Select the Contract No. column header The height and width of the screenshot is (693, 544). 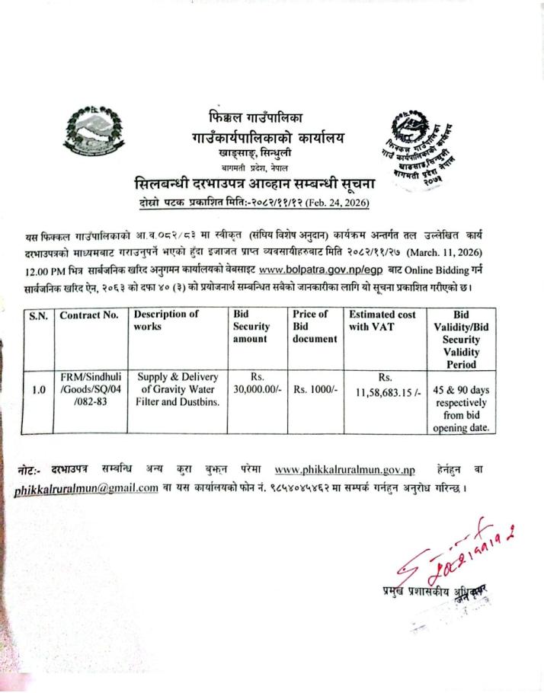point(90,315)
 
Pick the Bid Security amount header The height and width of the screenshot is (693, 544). point(251,326)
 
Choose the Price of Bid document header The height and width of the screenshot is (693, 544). point(314,326)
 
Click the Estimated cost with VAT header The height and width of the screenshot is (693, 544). point(383,321)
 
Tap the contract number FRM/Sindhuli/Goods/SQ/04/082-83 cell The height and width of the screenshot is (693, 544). point(90,389)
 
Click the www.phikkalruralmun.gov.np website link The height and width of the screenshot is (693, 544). point(344,468)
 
